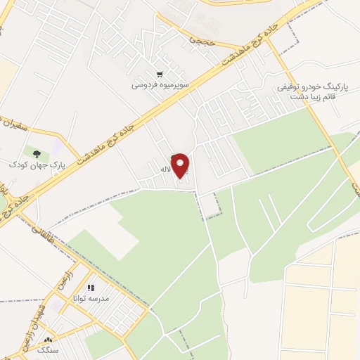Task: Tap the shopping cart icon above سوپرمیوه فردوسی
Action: tap(160, 74)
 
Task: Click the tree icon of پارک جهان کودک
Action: tap(36, 152)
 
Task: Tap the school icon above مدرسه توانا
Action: tap(90, 287)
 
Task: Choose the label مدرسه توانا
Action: tap(89, 298)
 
